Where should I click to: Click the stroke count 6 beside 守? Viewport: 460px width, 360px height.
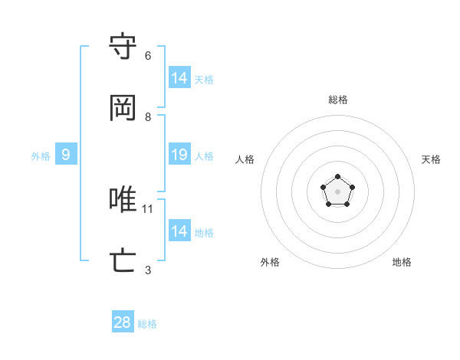point(148,56)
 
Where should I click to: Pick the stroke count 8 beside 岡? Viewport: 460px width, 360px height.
point(148,117)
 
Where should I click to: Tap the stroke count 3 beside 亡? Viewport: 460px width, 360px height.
point(148,270)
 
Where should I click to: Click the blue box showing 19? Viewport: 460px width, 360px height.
point(179,155)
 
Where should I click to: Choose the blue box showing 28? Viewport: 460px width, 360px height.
point(123,322)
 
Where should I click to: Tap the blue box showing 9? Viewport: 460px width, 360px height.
point(66,155)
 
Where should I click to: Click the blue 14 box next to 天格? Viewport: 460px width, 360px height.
point(179,78)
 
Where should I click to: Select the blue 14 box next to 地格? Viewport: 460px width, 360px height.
point(179,231)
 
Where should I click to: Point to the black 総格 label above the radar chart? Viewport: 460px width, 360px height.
point(338,100)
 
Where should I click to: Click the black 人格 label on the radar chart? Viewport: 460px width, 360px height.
point(245,159)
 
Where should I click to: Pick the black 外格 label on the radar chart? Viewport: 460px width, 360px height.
point(270,262)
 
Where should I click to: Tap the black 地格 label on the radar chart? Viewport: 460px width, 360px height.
point(402,262)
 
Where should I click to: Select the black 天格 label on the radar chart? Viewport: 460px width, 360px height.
point(431,159)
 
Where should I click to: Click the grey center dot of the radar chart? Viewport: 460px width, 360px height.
point(337,191)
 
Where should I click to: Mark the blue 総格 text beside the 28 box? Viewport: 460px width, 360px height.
point(147,324)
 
